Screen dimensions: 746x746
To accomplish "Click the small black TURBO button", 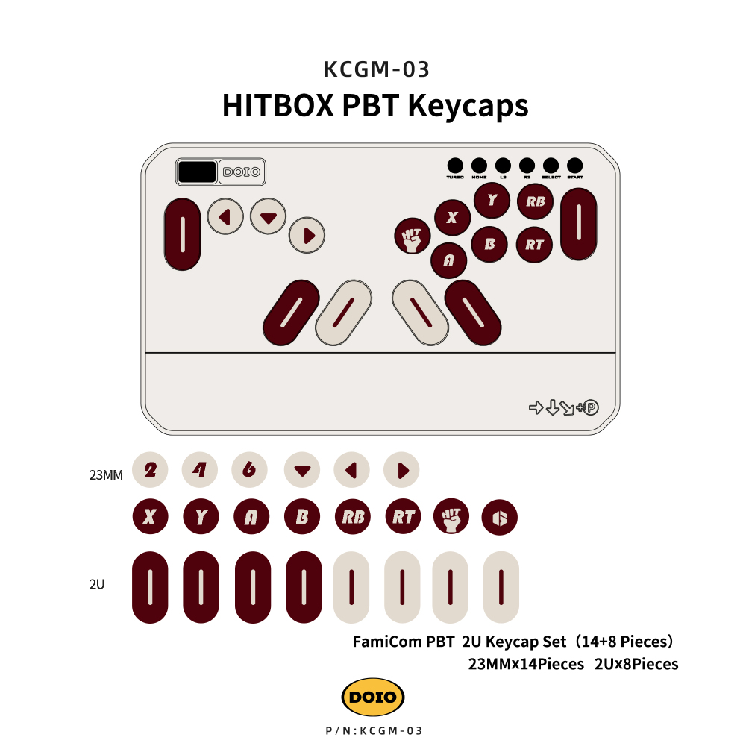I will [x=455, y=165].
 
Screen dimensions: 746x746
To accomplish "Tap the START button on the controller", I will [x=574, y=165].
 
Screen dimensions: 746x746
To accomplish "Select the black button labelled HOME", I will [x=479, y=165].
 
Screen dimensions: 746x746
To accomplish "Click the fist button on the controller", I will [x=413, y=236].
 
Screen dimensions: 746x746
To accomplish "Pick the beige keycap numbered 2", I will [x=150, y=470].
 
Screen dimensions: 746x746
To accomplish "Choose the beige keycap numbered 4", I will [x=200, y=470].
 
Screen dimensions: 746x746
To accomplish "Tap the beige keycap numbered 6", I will [x=250, y=470].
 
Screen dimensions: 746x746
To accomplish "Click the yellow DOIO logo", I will [x=373, y=698].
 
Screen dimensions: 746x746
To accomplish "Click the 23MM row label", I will [x=106, y=473].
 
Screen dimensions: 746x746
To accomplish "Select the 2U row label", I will [x=97, y=585].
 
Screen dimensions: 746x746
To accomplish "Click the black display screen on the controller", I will [x=197, y=172].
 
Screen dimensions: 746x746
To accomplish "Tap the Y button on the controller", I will [x=492, y=200].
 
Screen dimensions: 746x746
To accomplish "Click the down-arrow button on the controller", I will [x=269, y=217].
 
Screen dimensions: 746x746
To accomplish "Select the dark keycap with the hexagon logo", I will [x=500, y=518].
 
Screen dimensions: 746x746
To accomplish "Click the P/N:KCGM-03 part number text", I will [x=374, y=731].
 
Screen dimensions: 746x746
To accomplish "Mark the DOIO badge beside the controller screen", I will [x=242, y=172].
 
